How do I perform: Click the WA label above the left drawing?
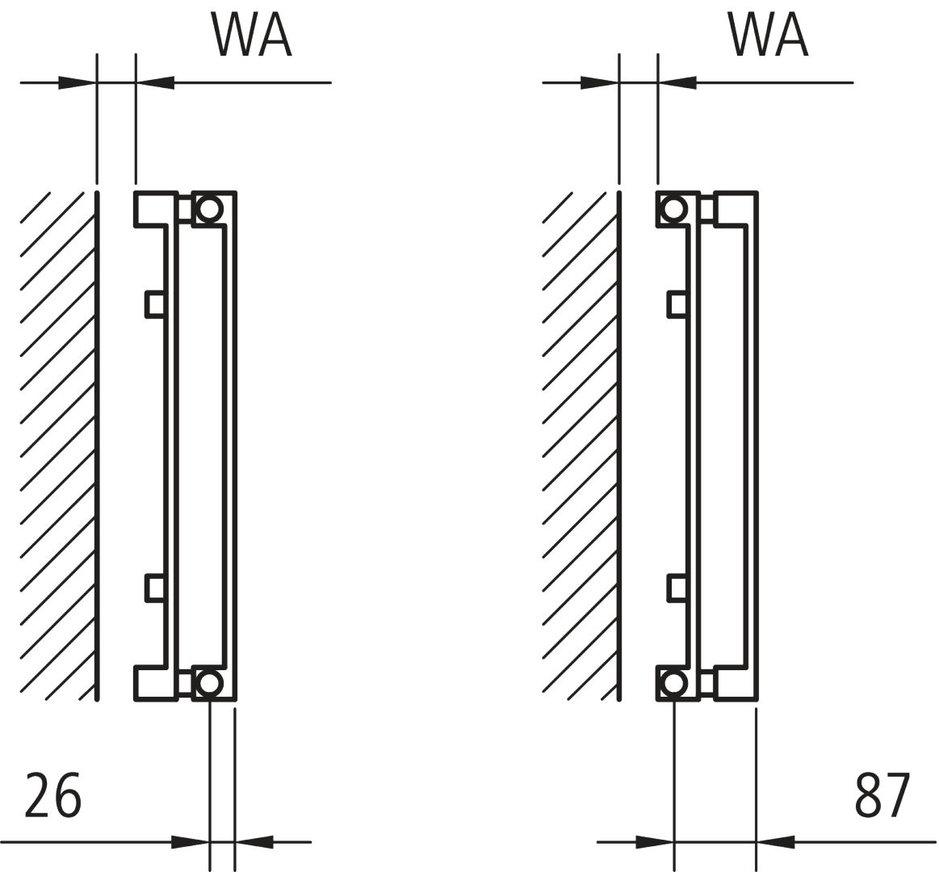251,34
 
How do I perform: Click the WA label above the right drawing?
768,34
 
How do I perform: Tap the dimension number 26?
53,795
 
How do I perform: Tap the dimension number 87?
882,795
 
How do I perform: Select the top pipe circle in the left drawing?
209,209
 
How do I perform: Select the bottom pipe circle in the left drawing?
209,683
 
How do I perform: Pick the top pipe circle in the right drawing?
673,209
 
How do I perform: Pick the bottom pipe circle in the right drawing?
673,683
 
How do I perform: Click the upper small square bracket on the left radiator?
155,304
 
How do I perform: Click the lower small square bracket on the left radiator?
155,588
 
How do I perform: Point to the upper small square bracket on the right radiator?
677,304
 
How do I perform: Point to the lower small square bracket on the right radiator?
677,588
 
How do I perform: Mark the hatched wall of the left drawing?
57,444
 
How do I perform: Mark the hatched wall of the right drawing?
579,444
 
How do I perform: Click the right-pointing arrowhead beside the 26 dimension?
191,842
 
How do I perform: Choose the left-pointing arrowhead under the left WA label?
155,82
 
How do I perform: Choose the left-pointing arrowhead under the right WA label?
677,82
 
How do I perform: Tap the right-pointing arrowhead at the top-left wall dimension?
78,82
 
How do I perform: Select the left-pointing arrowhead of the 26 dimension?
254,842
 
